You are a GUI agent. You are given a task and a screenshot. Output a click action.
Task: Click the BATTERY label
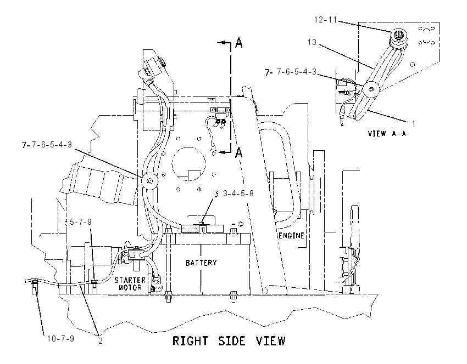[201, 263]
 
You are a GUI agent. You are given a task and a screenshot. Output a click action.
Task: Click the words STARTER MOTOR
[130, 284]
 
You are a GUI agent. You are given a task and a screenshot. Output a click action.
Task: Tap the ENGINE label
[291, 236]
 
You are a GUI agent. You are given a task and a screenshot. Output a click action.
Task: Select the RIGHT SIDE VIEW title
[229, 341]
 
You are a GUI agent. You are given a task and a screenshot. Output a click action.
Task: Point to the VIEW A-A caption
[387, 133]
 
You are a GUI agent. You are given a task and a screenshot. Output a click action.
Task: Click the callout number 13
[312, 42]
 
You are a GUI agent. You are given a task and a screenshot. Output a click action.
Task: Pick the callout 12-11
[325, 20]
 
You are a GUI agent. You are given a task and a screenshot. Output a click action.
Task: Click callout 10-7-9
[60, 338]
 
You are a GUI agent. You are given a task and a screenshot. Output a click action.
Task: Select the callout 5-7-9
[80, 222]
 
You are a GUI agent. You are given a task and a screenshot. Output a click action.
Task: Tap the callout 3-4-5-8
[238, 194]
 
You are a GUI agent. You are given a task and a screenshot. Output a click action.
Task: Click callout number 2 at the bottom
[101, 341]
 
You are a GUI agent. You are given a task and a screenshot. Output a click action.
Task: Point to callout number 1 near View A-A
[413, 123]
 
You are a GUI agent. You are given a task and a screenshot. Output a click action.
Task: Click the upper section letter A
[239, 43]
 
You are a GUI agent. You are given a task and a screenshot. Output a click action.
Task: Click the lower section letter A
[239, 153]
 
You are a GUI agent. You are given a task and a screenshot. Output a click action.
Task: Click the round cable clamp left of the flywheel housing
[150, 181]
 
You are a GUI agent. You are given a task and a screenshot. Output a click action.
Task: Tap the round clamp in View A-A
[371, 89]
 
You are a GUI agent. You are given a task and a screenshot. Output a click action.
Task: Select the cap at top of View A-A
[397, 36]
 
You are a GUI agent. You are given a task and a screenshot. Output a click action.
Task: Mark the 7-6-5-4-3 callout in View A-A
[297, 72]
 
